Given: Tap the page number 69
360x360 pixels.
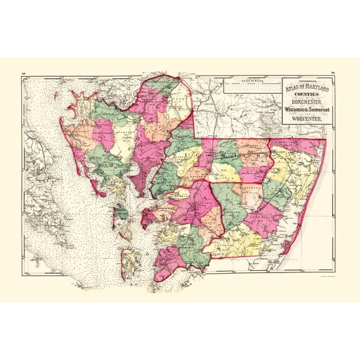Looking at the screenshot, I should coord(23,72).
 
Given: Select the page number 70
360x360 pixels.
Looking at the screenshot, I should coord(336,72).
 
